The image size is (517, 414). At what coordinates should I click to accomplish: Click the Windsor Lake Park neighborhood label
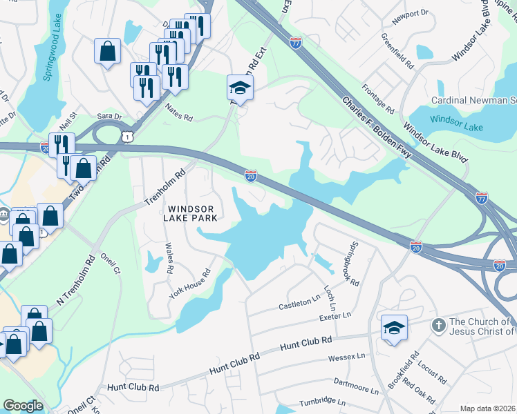pos(190,213)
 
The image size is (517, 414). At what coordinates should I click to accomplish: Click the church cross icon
pos(438,324)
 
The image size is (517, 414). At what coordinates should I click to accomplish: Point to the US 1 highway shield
pos(126,138)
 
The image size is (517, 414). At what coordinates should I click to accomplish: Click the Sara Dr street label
pos(109,117)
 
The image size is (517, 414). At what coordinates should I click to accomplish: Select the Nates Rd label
pos(178,112)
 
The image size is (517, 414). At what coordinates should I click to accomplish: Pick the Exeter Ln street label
pos(335,317)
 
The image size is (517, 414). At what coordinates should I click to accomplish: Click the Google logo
pos(23,406)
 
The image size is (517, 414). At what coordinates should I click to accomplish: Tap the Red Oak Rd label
pos(420,393)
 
